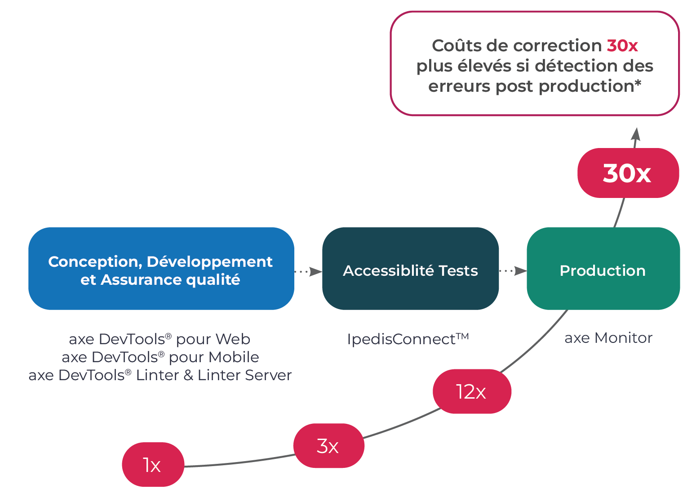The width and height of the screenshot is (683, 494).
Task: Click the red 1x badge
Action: [x=153, y=464]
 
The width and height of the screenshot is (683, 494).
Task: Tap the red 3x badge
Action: [x=328, y=446]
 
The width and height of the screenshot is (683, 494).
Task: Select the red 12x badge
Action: [x=472, y=391]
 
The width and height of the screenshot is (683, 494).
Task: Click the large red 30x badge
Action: [x=627, y=173]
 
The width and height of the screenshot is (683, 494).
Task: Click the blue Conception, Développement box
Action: [x=161, y=269]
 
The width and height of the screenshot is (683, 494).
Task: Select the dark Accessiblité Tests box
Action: [x=410, y=269]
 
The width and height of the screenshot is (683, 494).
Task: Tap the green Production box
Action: [x=603, y=269]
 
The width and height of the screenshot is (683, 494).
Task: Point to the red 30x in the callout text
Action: [x=622, y=45]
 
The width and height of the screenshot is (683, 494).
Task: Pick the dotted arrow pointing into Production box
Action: [x=513, y=271]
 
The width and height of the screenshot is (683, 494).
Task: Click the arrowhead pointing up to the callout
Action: [x=635, y=135]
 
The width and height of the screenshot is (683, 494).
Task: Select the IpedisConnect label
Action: [x=408, y=339]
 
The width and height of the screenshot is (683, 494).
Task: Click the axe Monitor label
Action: [x=608, y=337]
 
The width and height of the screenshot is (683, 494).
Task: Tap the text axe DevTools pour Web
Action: [x=160, y=339]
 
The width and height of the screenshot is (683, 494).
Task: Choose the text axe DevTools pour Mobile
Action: [x=160, y=357]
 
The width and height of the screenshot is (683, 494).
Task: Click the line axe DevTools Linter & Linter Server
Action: [x=160, y=375]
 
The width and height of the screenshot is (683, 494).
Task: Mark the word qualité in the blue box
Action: [x=213, y=280]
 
